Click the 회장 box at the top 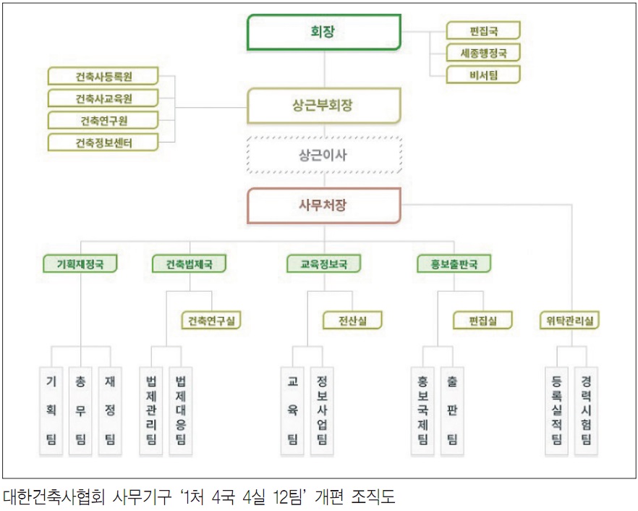tap(323, 32)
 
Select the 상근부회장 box tap(323, 106)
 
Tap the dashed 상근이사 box tap(323, 155)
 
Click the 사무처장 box tap(323, 205)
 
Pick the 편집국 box tap(483, 30)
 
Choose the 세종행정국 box tap(483, 52)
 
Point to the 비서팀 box tap(483, 74)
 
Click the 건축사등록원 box tap(104, 76)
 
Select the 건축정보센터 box tap(104, 142)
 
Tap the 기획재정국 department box tap(80, 264)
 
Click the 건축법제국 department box tap(189, 264)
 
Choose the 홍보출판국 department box tap(454, 264)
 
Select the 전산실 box tap(352, 319)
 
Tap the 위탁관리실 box tap(571, 319)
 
